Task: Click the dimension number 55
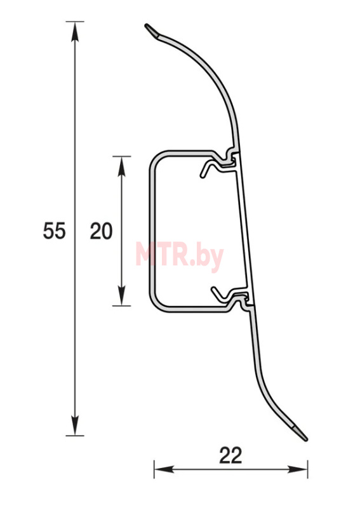pos(55,231)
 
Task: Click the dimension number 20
pos(101,231)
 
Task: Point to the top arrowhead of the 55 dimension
pos(75,31)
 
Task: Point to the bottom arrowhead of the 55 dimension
pos(75,425)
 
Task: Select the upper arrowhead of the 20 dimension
pos(121,166)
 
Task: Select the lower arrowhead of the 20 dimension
pos(121,296)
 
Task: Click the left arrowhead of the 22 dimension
pos(164,469)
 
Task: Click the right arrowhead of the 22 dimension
pos(298,469)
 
